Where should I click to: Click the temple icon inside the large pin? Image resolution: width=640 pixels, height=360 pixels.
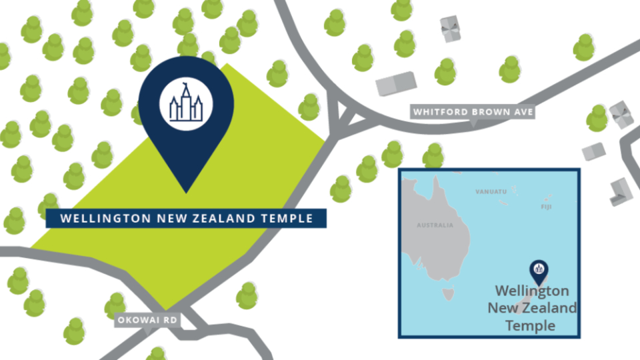tap(186, 106)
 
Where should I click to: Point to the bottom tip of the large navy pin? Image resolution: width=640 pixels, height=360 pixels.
tap(186, 193)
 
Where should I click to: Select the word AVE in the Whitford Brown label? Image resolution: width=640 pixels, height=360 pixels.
tap(523, 112)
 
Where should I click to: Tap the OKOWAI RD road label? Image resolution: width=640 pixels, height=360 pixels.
tap(147, 321)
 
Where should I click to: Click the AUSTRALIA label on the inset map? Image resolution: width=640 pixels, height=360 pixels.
tap(435, 225)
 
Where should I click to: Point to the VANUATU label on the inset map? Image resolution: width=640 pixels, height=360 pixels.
tap(491, 192)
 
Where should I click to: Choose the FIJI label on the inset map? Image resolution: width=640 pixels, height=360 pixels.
tap(546, 207)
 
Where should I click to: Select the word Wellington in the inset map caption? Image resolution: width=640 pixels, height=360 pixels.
tap(532, 291)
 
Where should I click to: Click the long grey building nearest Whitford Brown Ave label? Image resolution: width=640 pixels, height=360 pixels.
tap(397, 85)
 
